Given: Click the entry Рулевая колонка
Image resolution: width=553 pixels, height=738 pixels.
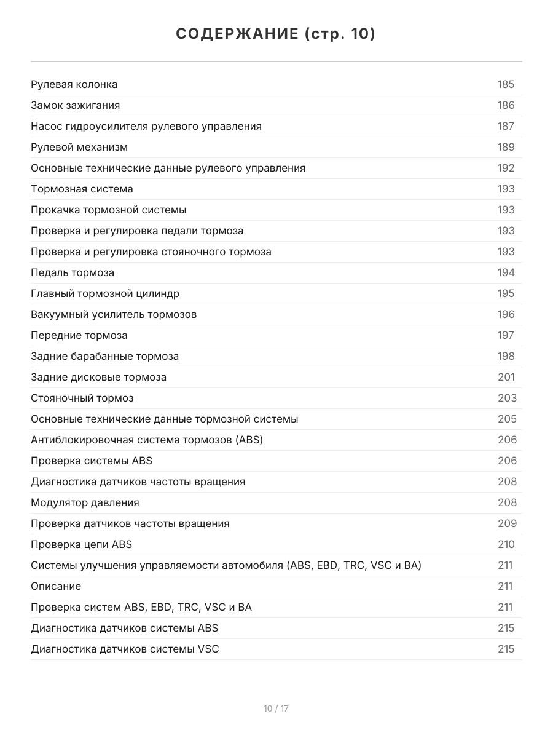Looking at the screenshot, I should [74, 84].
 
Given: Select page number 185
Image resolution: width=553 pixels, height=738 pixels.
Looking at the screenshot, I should [506, 84].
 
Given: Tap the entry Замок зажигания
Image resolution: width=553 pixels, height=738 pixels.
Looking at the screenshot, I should [75, 105].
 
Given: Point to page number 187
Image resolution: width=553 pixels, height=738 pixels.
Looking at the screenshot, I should [506, 126].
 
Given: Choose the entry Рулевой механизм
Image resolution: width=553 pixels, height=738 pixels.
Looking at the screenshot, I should [79, 147].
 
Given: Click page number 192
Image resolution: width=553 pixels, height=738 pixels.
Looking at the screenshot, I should [506, 168].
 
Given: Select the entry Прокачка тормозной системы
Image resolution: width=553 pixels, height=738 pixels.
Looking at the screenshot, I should [108, 210].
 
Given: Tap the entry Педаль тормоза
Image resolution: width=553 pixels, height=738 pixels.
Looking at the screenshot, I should [72, 272].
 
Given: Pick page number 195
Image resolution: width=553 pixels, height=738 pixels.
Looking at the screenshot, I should [506, 293].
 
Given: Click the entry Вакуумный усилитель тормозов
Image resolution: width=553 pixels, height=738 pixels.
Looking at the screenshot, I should [114, 314].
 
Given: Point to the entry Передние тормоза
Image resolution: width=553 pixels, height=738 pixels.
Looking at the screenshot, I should [79, 335].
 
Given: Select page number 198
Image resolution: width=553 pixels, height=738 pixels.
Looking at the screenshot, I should [506, 356].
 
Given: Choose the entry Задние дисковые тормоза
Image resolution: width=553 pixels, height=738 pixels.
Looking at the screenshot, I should [98, 377].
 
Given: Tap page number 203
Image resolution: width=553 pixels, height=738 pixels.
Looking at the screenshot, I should [507, 398].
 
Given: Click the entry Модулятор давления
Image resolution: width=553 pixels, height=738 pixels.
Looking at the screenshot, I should [85, 502].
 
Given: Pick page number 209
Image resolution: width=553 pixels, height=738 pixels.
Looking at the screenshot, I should [507, 523].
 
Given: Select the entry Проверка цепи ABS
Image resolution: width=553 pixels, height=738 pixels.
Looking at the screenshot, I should [81, 544].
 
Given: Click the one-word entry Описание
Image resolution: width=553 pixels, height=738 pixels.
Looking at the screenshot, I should [55, 586].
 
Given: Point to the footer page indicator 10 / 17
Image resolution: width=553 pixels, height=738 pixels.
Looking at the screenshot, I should [276, 708].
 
